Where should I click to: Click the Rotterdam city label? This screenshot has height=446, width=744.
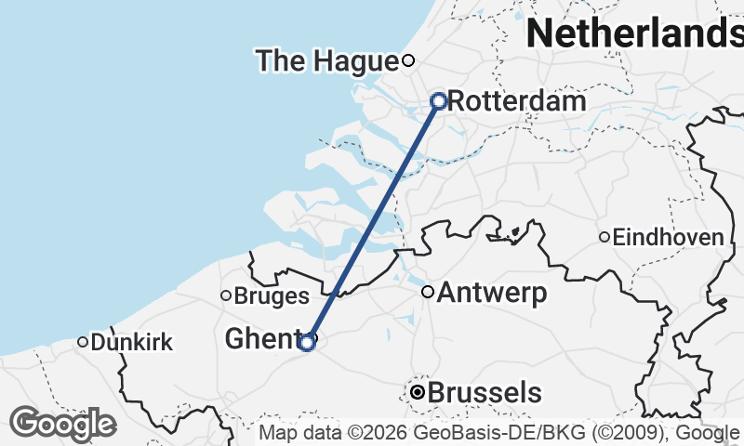517,101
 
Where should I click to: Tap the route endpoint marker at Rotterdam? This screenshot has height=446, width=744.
439,100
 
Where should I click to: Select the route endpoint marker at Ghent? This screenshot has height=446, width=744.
307,343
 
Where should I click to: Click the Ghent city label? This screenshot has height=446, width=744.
259,340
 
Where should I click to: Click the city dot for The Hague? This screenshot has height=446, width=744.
407,61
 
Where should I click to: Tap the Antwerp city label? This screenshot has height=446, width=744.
492,294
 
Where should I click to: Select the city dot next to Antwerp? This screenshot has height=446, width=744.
428,292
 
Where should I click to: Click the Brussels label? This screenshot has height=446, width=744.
485,393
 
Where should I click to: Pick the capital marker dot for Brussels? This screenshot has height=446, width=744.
418,393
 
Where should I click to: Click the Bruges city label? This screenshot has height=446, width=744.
272,296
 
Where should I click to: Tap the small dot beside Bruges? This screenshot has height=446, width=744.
225,295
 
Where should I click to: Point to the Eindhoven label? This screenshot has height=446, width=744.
668,238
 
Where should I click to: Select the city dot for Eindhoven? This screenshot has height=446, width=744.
604,237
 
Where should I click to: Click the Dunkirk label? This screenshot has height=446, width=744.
132,343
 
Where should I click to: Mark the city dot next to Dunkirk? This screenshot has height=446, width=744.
83,342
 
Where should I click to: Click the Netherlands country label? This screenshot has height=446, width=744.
634,33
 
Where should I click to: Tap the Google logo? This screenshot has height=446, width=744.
62,424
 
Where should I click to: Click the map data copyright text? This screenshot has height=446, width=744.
500,433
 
